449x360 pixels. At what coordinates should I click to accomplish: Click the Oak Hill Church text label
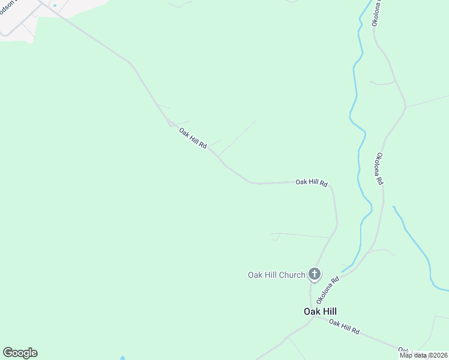pos(276,275)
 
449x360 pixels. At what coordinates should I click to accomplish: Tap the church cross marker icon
pos(314,274)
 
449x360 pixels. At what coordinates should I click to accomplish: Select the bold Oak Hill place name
pos(320,311)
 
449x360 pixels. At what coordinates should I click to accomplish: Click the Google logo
pos(20,352)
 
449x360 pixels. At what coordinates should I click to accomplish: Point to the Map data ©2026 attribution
pos(423,355)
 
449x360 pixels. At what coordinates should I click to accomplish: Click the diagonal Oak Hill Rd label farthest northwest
pos(193,137)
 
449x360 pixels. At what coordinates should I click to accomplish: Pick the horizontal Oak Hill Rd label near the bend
pos(311,182)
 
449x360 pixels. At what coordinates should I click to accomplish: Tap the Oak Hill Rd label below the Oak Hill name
pos(344,327)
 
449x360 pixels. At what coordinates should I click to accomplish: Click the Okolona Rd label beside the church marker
pos(328,290)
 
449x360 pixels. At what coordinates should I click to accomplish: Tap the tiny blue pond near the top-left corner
pos(55,5)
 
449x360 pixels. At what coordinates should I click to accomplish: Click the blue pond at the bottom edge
pos(122,358)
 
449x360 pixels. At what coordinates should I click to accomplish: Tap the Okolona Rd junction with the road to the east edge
pos(405,108)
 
